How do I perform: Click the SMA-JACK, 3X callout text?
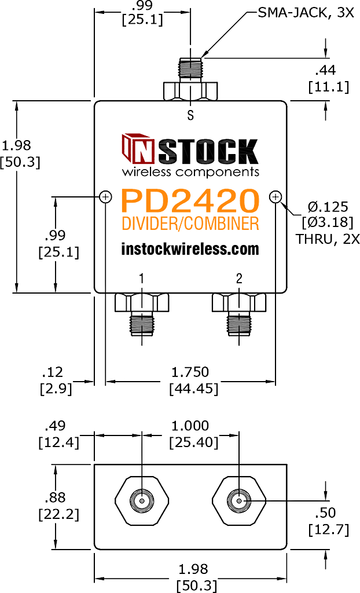click(x=306, y=13)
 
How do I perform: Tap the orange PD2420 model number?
click(x=190, y=201)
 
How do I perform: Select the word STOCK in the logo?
click(x=211, y=152)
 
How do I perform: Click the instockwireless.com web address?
click(x=190, y=249)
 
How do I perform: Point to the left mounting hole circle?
click(x=105, y=197)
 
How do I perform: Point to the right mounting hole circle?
click(x=275, y=197)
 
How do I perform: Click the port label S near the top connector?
click(x=190, y=115)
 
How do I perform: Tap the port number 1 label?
click(x=141, y=279)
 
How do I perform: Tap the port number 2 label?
click(x=239, y=279)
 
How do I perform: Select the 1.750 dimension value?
click(x=190, y=372)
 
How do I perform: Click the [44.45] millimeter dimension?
click(x=194, y=389)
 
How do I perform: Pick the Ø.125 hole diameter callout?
click(x=328, y=207)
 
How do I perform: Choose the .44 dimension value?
click(x=326, y=70)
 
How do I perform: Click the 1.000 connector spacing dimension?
click(x=190, y=426)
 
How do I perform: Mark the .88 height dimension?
click(x=55, y=497)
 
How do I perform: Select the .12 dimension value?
click(x=52, y=372)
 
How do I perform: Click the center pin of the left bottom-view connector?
click(x=141, y=502)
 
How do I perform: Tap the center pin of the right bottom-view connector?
click(x=239, y=502)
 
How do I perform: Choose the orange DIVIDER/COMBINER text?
click(x=190, y=224)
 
